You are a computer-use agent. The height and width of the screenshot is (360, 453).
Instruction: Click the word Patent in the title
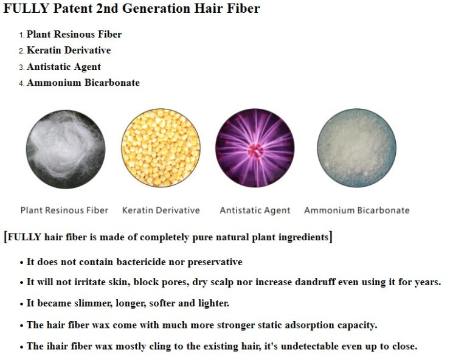point(72,8)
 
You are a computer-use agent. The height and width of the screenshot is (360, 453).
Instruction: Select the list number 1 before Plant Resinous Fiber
point(22,35)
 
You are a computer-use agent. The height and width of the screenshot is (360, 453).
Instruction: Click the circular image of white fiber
point(66,150)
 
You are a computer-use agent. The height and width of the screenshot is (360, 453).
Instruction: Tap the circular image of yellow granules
point(161,148)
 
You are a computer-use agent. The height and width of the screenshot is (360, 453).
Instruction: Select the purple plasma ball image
point(255,148)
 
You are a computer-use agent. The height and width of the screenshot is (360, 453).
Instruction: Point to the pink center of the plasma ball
point(255,150)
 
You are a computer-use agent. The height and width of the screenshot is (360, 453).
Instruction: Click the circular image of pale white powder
point(357,148)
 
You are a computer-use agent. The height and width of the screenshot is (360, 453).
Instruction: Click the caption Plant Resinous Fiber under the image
point(64,210)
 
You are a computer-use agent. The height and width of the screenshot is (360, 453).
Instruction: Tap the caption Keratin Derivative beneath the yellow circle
point(161,210)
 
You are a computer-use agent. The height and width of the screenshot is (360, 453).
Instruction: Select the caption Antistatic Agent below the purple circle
point(255,210)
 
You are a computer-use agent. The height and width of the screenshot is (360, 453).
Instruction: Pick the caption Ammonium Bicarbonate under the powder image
point(357,210)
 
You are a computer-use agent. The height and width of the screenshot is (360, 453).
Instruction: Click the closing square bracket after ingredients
point(331,237)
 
